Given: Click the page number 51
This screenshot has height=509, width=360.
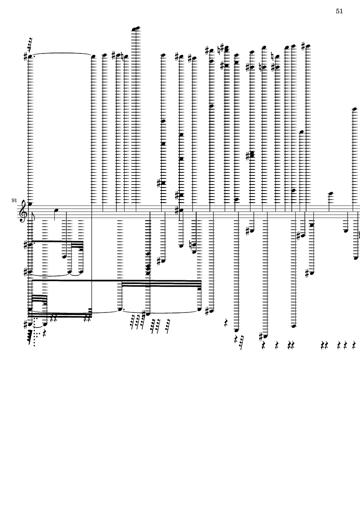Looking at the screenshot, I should pyautogui.click(x=339, y=11).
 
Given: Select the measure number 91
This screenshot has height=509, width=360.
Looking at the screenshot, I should pyautogui.click(x=15, y=200).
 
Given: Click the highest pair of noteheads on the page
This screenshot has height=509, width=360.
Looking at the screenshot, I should pyautogui.click(x=136, y=29).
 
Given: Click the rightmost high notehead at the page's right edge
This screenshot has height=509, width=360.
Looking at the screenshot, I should pyautogui.click(x=354, y=109).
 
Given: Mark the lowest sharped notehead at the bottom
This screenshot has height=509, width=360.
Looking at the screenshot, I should pyautogui.click(x=266, y=336).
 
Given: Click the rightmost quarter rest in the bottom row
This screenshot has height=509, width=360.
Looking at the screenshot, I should pyautogui.click(x=354, y=345).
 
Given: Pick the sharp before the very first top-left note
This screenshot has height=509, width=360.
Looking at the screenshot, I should pyautogui.click(x=25, y=57).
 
